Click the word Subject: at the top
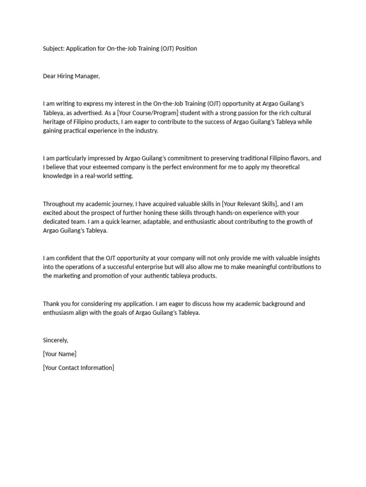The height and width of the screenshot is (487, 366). click(53, 49)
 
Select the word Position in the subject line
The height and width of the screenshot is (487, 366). click(186, 49)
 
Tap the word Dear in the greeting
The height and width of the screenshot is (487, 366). click(50, 76)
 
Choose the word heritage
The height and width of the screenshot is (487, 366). click(55, 122)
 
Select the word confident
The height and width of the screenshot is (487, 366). click(68, 258)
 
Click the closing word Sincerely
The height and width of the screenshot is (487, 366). click(56, 341)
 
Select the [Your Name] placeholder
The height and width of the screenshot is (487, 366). click(60, 354)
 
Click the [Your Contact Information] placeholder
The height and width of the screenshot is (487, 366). click(79, 368)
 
